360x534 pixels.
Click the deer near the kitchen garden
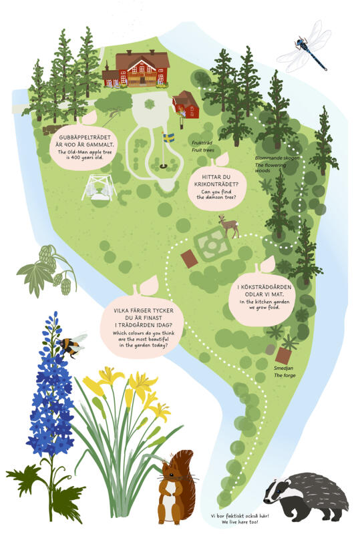(x=228, y=226)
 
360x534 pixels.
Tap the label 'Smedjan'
(x=283, y=368)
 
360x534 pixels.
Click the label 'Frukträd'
(x=202, y=143)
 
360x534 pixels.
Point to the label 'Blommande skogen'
(x=277, y=158)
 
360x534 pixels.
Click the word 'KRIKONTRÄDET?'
(x=216, y=184)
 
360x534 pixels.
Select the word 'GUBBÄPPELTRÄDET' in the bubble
(x=85, y=138)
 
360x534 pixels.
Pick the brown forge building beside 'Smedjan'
(x=283, y=356)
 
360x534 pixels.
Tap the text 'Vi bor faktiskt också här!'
(x=240, y=516)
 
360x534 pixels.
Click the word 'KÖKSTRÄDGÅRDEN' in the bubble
(x=264, y=287)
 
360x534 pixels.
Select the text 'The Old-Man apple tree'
(x=85, y=152)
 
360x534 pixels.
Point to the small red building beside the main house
(x=186, y=105)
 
